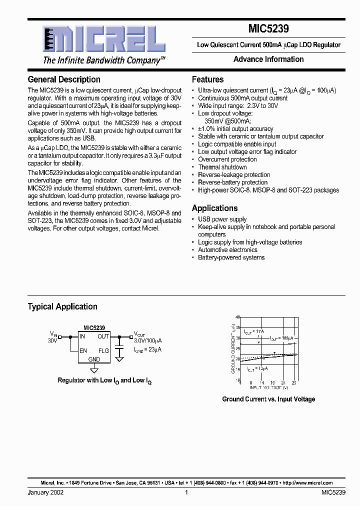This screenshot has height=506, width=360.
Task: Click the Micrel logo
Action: pyautogui.click(x=103, y=39)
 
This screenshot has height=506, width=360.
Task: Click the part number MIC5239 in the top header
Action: pyautogui.click(x=268, y=29)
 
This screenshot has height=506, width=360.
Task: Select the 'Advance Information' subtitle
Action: pyautogui.click(x=268, y=59)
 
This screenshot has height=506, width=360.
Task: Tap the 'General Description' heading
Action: pyautogui.click(x=64, y=79)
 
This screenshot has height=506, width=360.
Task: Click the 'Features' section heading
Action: pyautogui.click(x=207, y=79)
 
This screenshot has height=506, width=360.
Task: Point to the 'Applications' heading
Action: pyautogui.click(x=214, y=208)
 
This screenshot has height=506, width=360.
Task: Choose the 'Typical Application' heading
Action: pyautogui.click(x=62, y=306)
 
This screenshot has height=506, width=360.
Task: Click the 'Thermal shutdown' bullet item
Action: pyautogui.click(x=222, y=167)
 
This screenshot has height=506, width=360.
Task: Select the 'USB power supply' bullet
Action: pyautogui.click(x=222, y=219)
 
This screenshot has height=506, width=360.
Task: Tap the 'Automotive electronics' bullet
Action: pyautogui.click(x=228, y=249)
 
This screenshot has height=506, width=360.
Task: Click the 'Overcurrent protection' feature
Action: pyautogui.click(x=227, y=159)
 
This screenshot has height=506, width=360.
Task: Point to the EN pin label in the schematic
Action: pyautogui.click(x=83, y=350)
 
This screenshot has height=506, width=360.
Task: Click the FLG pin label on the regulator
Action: pyautogui.click(x=103, y=350)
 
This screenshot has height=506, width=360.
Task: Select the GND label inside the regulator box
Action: pyautogui.click(x=94, y=359)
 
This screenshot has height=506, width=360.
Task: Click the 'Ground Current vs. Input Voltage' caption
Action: pyautogui.click(x=268, y=399)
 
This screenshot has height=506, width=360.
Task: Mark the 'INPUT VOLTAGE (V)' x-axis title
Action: pyautogui.click(x=269, y=387)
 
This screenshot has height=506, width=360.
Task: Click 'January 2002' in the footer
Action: pyautogui.click(x=45, y=492)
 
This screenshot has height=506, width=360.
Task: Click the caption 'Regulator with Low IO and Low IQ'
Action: pyautogui.click(x=104, y=380)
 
